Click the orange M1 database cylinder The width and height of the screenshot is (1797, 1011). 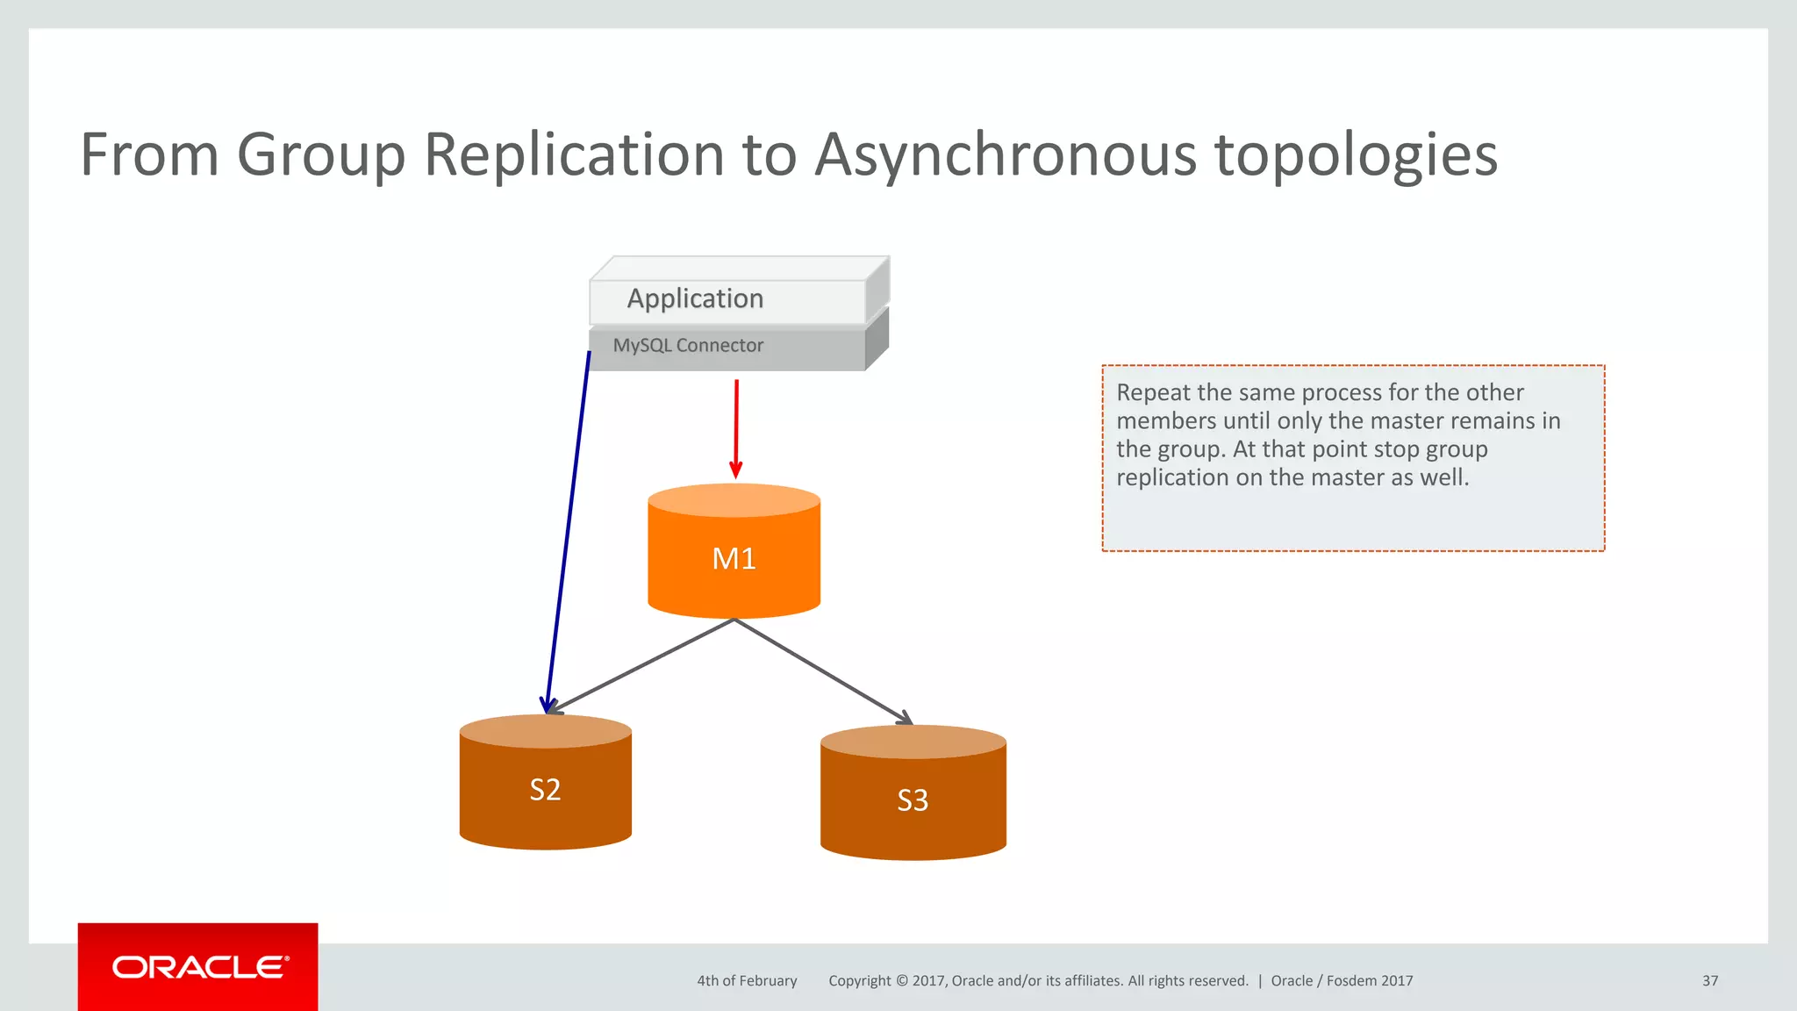(x=734, y=559)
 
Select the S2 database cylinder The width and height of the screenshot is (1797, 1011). (x=545, y=790)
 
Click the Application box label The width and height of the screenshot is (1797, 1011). (x=695, y=298)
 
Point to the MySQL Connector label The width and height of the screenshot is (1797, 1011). (x=688, y=346)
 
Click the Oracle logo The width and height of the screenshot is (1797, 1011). (x=198, y=967)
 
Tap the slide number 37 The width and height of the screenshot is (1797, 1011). (x=1709, y=981)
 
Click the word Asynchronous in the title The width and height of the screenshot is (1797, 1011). (x=1006, y=155)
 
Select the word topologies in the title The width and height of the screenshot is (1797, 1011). (x=1356, y=155)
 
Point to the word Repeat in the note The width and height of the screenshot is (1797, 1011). (x=1153, y=392)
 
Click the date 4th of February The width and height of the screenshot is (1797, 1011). (x=747, y=981)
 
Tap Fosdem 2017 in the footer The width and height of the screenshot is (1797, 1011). (x=1369, y=981)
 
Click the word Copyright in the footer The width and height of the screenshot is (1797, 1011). (x=859, y=981)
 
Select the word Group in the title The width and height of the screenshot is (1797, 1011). (x=321, y=155)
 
